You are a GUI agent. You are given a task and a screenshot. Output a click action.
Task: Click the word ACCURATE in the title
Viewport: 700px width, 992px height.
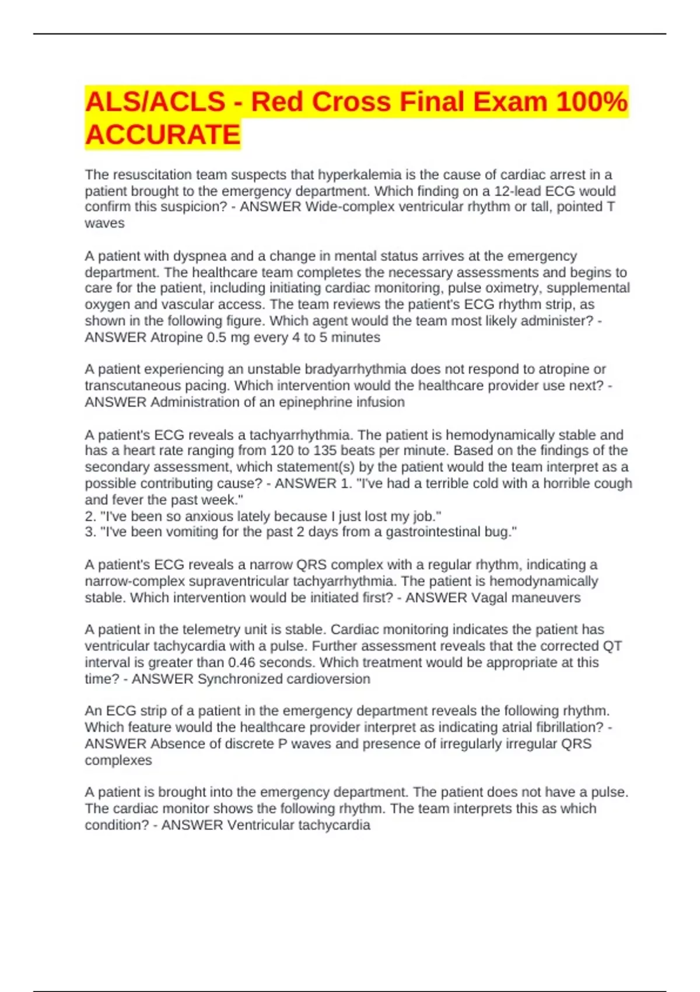click(x=163, y=135)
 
